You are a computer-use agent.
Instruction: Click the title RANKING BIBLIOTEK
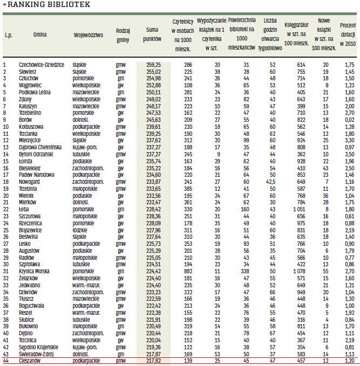(x=49, y=4)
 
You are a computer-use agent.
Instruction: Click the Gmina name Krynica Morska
(x=33, y=271)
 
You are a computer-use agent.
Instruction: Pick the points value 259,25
(x=153, y=64)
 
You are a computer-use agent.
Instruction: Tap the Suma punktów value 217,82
(x=153, y=361)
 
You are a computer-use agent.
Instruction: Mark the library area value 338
(x=245, y=271)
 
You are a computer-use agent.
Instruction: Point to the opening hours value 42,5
(x=271, y=182)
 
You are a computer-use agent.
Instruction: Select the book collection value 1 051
(x=298, y=209)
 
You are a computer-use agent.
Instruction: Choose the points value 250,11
(x=153, y=92)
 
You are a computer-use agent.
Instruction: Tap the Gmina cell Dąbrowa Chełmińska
(x=40, y=147)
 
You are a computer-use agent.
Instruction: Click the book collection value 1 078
(x=298, y=271)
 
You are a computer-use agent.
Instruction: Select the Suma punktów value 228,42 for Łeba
(x=153, y=209)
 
